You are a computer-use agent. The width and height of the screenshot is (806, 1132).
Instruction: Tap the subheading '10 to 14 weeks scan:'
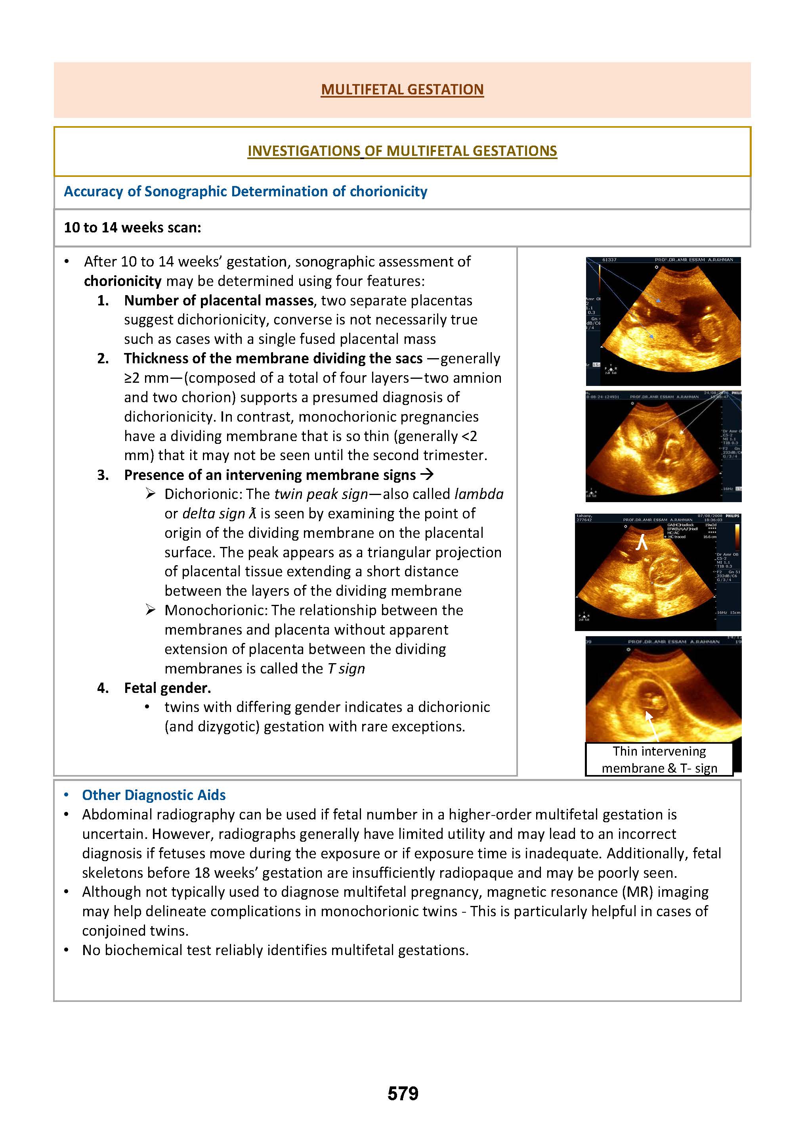(x=132, y=228)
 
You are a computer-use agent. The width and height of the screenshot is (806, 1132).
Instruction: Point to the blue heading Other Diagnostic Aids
(x=154, y=795)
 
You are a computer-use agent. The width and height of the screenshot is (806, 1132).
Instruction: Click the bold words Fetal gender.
(x=167, y=688)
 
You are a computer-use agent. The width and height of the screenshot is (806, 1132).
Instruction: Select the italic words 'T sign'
(x=346, y=669)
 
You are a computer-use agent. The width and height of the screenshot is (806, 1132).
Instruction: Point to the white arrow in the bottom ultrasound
(x=653, y=725)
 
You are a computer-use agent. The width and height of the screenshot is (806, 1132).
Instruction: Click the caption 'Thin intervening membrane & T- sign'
(x=659, y=760)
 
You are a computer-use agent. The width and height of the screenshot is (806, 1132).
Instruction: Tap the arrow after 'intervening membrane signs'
(x=427, y=475)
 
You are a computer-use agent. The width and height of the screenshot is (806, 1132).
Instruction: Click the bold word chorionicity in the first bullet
(x=122, y=281)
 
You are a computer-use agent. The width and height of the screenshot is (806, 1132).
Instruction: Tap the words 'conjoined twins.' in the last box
(x=136, y=931)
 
